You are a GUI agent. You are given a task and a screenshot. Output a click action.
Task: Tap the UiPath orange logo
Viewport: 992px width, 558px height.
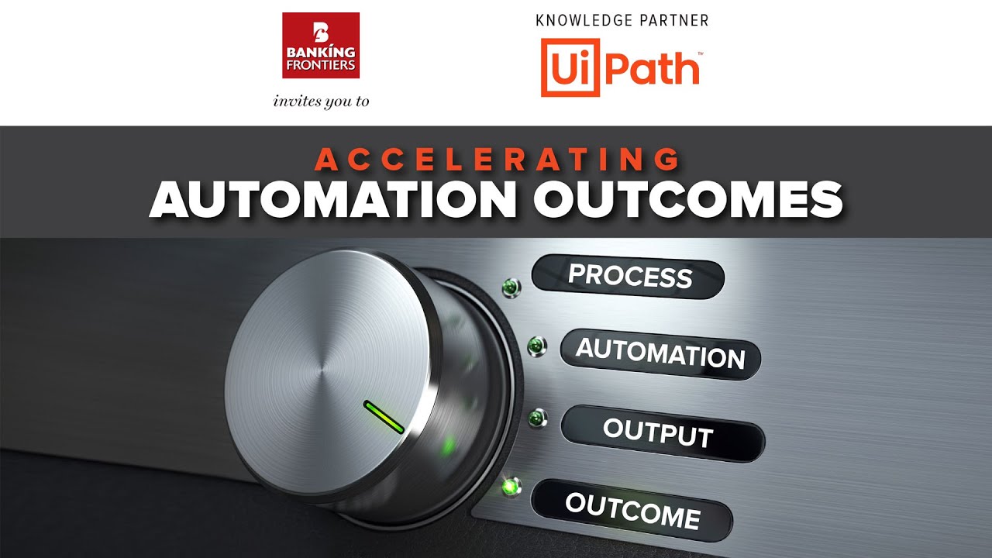[x=620, y=70]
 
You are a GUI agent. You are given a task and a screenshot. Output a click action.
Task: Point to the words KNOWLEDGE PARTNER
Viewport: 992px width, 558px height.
[x=622, y=21]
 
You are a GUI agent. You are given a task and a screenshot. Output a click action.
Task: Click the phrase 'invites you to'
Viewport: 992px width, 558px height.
[x=321, y=102]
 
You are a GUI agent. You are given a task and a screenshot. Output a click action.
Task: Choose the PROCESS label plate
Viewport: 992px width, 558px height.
[x=629, y=276]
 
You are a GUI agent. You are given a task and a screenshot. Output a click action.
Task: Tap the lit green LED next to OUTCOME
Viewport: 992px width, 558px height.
[x=511, y=487]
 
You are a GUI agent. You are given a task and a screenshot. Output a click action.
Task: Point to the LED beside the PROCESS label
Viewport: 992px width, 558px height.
[x=511, y=288]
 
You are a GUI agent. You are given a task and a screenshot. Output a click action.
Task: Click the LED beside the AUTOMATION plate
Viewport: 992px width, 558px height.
[x=536, y=346]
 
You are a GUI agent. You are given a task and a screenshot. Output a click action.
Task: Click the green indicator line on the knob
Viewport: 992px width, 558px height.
[x=384, y=417]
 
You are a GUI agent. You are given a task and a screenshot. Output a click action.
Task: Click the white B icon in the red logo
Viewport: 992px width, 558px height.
[x=321, y=31]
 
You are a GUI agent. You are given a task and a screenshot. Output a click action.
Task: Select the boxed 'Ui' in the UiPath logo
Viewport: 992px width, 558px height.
[x=570, y=70]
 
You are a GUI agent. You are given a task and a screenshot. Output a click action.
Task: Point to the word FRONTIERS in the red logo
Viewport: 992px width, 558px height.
[x=321, y=65]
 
